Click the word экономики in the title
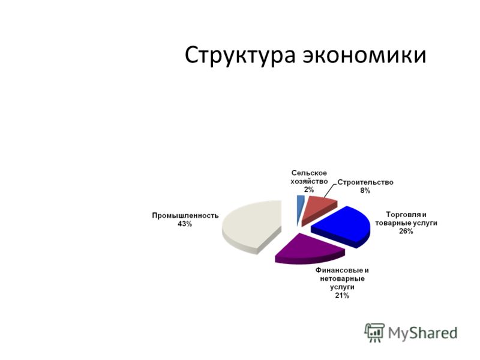(365, 55)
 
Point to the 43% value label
(185, 224)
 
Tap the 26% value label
(406, 232)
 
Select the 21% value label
(342, 296)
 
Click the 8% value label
(365, 191)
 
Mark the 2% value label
(309, 190)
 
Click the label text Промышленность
(185, 215)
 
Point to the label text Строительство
(365, 182)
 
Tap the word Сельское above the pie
(309, 173)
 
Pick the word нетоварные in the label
(342, 279)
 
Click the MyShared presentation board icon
(374, 332)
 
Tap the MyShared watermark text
(423, 333)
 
